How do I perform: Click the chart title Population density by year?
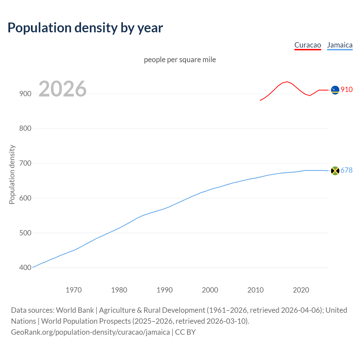coord(85,28)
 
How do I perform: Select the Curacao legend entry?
coord(308,45)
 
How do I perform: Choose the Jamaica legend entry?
coord(340,45)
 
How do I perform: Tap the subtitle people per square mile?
coord(180,60)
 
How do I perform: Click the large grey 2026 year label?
coord(62,89)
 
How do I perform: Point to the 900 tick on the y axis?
coord(25,94)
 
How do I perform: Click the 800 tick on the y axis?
coord(25,129)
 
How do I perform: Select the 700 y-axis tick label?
coord(25,163)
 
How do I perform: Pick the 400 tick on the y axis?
coord(25,268)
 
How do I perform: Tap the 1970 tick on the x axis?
coord(74,290)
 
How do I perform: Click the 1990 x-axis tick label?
coord(165,290)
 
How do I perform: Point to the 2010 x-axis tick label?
coord(255,290)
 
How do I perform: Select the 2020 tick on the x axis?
coord(301,290)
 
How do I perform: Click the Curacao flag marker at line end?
coord(335,90)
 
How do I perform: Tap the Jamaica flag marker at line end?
coord(335,171)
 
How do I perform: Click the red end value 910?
coord(346,89)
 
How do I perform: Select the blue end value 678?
coord(346,170)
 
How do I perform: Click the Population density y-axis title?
coord(12,174)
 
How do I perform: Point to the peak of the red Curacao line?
coord(287,82)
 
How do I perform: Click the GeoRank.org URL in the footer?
coord(90,332)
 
